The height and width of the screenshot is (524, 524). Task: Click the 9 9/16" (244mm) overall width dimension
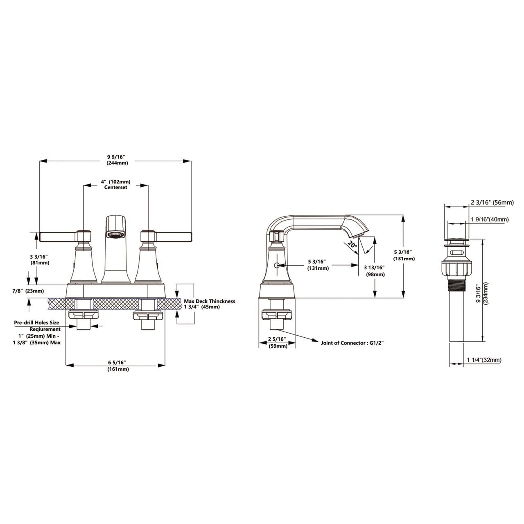coord(117,160)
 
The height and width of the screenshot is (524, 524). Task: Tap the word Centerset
coord(115,187)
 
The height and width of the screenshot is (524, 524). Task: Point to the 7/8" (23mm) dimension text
coord(28,291)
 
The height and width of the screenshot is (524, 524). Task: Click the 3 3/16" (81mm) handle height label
coord(40,260)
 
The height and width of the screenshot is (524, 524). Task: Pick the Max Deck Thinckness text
coord(209,301)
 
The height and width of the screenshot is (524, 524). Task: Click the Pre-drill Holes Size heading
coord(36,323)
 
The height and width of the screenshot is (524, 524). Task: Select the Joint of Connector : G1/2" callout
coord(352,343)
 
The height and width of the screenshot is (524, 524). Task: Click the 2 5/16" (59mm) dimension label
coord(278,342)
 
